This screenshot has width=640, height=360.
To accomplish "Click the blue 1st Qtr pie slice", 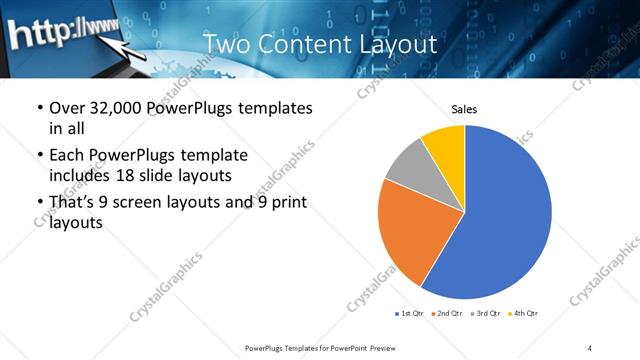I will (510, 215).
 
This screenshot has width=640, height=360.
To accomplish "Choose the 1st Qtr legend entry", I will (410, 314).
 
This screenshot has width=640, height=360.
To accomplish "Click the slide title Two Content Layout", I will (319, 44).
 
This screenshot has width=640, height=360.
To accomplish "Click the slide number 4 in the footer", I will (590, 347).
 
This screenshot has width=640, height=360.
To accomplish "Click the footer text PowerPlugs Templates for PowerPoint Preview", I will (318, 347).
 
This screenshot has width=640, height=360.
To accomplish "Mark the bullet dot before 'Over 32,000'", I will (39, 109).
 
